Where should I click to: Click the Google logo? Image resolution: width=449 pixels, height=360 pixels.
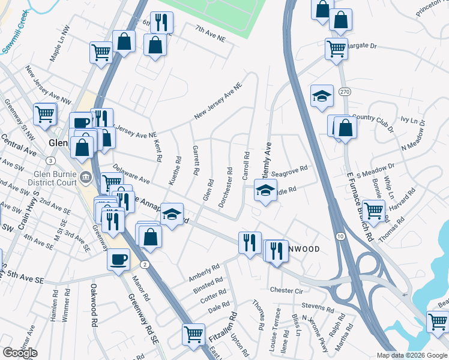coord(20,353)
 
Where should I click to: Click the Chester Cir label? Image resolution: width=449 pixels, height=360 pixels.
coord(286,290)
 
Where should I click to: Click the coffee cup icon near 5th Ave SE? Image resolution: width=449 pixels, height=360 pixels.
coord(118,260)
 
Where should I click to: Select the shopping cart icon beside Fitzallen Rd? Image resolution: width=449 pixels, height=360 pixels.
coord(193,334)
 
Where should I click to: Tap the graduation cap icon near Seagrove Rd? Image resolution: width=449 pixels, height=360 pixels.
coord(264,190)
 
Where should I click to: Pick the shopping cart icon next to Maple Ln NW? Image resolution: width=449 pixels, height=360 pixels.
coord(101,52)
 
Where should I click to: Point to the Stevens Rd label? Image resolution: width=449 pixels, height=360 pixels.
coord(318,308)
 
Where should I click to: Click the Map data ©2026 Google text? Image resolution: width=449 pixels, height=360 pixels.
coord(412,355)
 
